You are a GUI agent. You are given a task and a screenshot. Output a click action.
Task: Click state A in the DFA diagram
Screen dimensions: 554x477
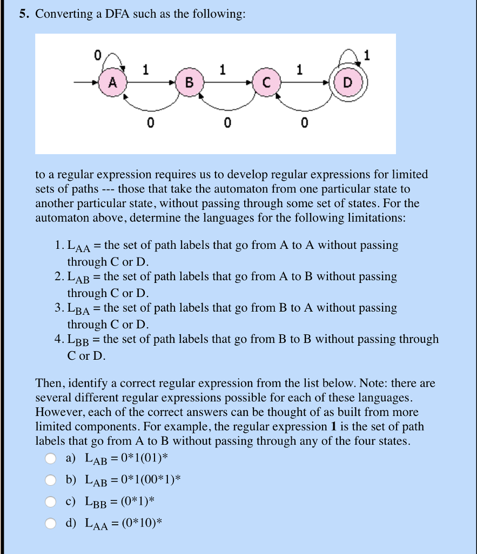(x=112, y=83)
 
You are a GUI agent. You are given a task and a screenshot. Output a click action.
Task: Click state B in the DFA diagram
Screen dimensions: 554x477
(x=189, y=83)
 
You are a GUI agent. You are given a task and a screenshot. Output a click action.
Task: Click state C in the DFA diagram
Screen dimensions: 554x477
(x=265, y=83)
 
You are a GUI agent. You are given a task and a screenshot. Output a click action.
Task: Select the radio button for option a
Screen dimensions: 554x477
(x=50, y=459)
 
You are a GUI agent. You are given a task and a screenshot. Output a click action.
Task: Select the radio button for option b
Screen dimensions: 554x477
(x=50, y=480)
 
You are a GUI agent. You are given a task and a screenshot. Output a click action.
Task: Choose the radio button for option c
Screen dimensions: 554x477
(x=50, y=502)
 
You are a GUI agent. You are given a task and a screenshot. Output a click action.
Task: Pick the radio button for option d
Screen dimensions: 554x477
(x=50, y=523)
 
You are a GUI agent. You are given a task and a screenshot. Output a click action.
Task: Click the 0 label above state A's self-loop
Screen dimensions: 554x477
(x=97, y=55)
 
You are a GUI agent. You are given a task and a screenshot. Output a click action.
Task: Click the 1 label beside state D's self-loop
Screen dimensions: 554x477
(x=367, y=55)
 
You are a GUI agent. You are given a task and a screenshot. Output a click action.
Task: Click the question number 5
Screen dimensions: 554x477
(x=24, y=15)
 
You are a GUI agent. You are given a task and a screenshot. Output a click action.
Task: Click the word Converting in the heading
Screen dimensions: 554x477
(x=64, y=15)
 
